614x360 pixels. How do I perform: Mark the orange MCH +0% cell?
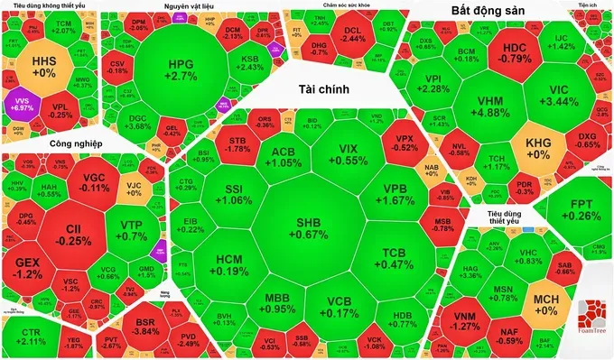pyautogui.click(x=548, y=303)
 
